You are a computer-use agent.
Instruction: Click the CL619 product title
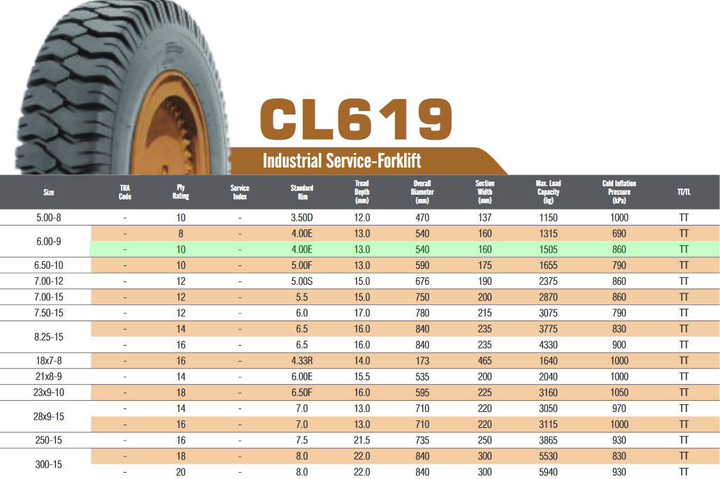[x=356, y=119]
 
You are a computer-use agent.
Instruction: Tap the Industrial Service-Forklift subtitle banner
[x=342, y=161]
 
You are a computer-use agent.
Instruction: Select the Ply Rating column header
[x=181, y=192]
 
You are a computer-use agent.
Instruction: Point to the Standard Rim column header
[x=302, y=192]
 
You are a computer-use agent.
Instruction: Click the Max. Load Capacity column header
[x=548, y=192]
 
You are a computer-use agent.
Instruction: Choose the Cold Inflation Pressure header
[x=619, y=192]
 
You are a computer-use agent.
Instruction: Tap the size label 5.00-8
[x=49, y=217]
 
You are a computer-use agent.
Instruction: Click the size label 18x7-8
[x=49, y=360]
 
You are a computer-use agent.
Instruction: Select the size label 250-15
[x=49, y=440]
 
